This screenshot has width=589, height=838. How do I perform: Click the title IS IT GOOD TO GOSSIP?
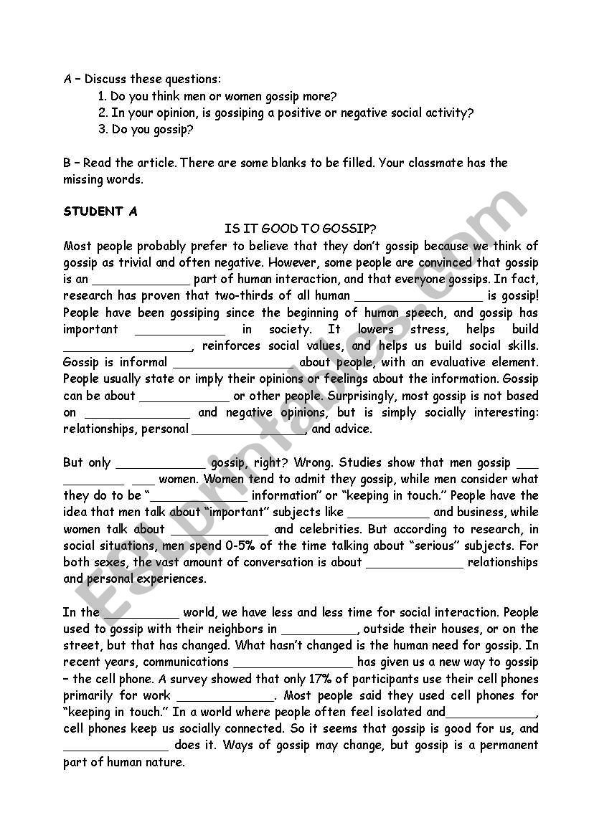click(x=301, y=229)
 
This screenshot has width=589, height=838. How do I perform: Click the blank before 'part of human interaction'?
click(x=141, y=280)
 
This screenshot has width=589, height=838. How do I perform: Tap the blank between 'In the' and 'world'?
click(x=141, y=614)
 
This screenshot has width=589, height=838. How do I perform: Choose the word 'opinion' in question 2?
click(x=162, y=113)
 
